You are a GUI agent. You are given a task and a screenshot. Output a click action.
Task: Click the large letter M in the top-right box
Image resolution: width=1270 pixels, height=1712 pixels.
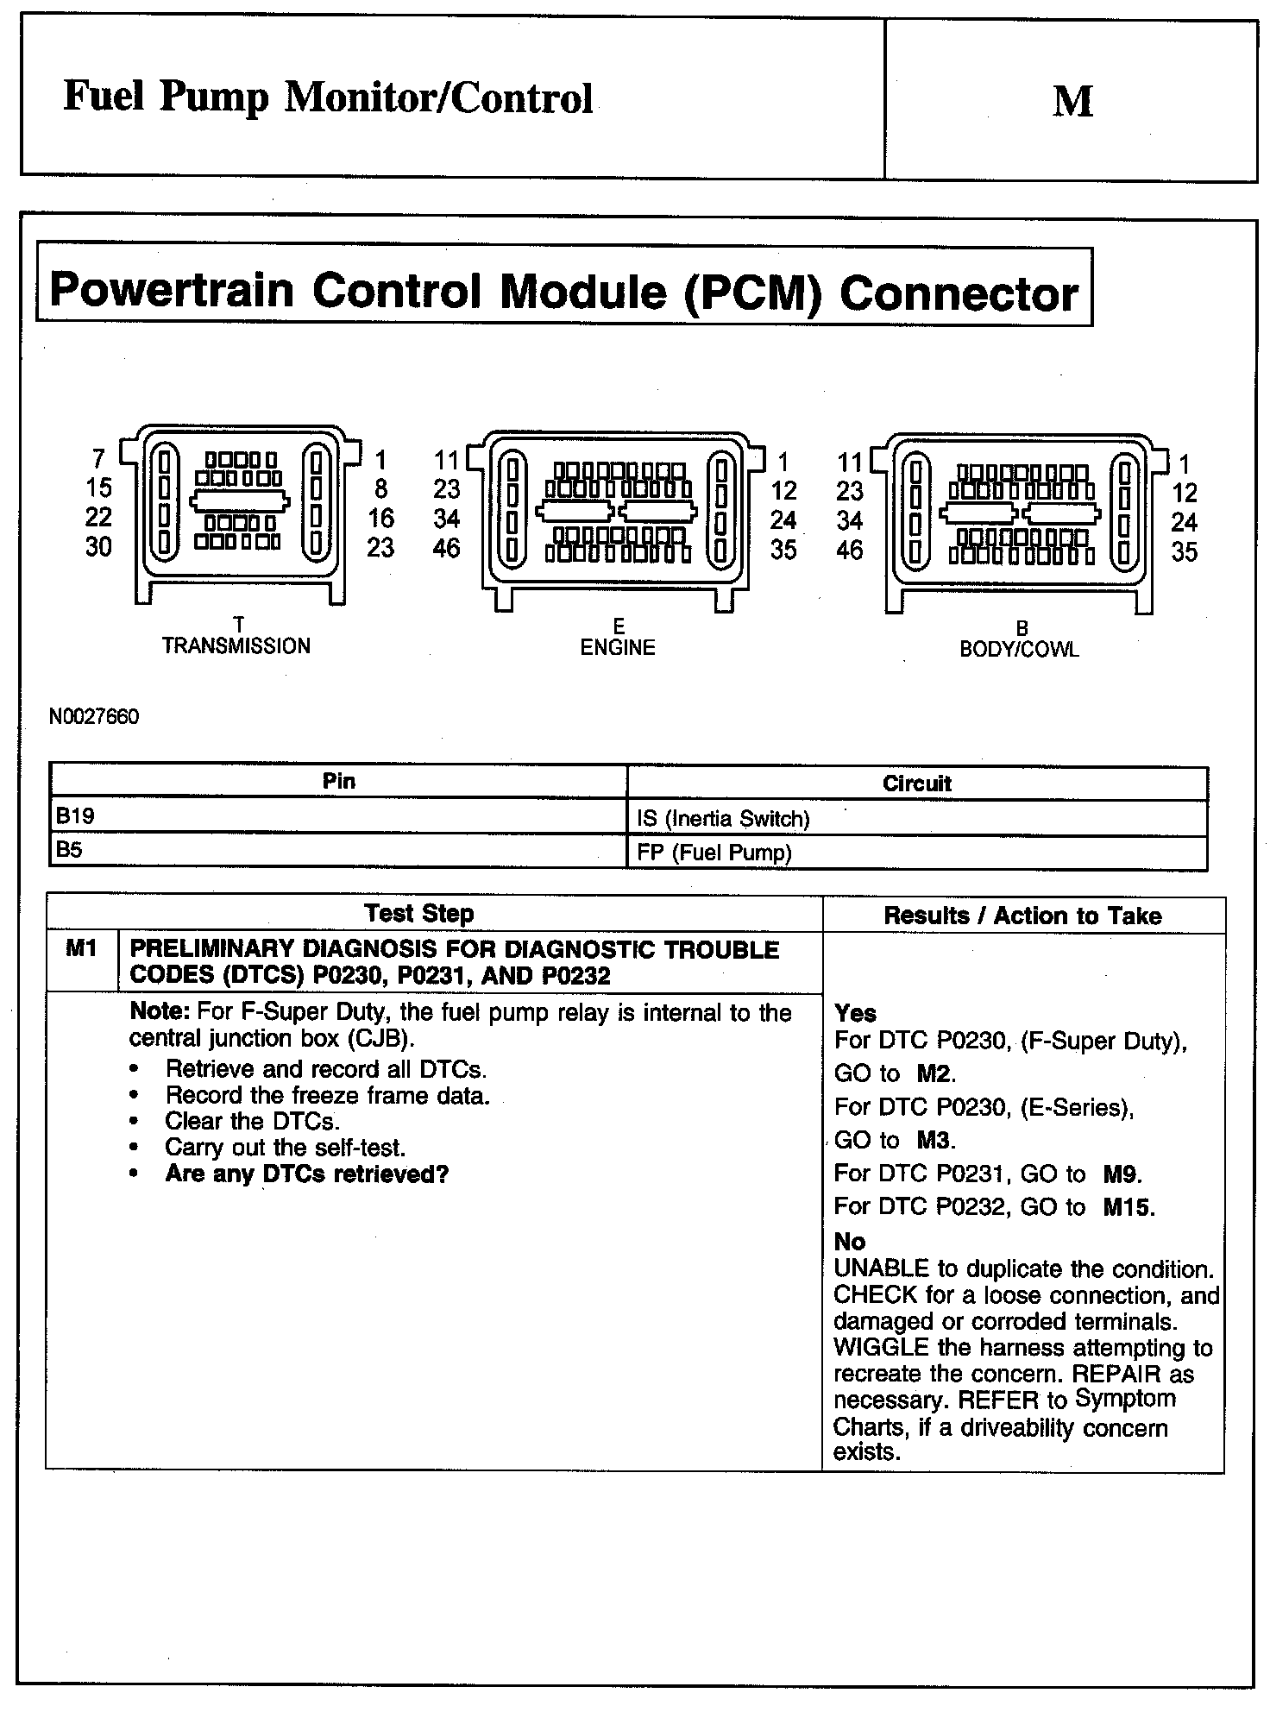click(x=1072, y=101)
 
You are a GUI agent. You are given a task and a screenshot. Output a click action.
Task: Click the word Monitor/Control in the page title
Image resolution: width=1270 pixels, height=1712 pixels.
click(x=439, y=98)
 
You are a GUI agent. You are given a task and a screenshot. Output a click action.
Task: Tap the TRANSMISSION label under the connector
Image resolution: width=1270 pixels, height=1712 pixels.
click(x=236, y=645)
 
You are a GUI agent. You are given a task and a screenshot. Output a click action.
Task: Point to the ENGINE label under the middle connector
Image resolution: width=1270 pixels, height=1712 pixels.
click(x=618, y=647)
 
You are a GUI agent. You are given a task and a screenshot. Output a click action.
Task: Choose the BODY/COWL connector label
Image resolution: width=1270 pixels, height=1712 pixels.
click(x=1019, y=649)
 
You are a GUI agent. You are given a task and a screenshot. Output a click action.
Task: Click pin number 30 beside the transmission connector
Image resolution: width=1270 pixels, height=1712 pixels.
click(x=98, y=547)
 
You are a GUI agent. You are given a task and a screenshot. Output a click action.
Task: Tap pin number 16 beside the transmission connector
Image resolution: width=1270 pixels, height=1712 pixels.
click(x=380, y=519)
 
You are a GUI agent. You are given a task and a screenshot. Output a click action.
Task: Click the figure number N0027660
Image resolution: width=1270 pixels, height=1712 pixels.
click(x=93, y=717)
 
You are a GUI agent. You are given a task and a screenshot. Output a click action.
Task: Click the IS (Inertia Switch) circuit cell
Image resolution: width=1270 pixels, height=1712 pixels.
click(x=723, y=819)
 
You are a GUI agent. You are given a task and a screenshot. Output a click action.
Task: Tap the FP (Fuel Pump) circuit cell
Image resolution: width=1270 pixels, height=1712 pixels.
click(x=714, y=853)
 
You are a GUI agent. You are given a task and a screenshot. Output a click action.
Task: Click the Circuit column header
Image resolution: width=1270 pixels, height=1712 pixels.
click(x=916, y=784)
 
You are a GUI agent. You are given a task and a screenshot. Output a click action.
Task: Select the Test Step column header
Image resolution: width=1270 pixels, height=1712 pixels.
click(x=418, y=913)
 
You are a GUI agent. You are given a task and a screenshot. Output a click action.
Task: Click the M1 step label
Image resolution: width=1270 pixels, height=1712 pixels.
click(x=81, y=949)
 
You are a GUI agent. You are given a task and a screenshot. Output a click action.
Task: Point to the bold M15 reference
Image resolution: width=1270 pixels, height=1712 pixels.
click(x=1129, y=1207)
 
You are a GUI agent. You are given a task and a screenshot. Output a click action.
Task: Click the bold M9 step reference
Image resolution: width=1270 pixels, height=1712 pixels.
click(x=1122, y=1174)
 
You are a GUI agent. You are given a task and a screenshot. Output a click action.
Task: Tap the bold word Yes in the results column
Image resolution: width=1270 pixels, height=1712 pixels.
click(x=855, y=1013)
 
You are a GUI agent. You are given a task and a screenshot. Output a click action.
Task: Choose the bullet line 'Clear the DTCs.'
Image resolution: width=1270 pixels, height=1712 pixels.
click(x=252, y=1121)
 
